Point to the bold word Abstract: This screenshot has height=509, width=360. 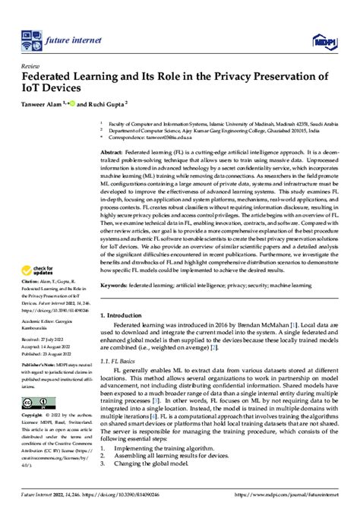click(113, 152)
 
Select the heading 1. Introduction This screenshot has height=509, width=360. click(126, 314)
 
